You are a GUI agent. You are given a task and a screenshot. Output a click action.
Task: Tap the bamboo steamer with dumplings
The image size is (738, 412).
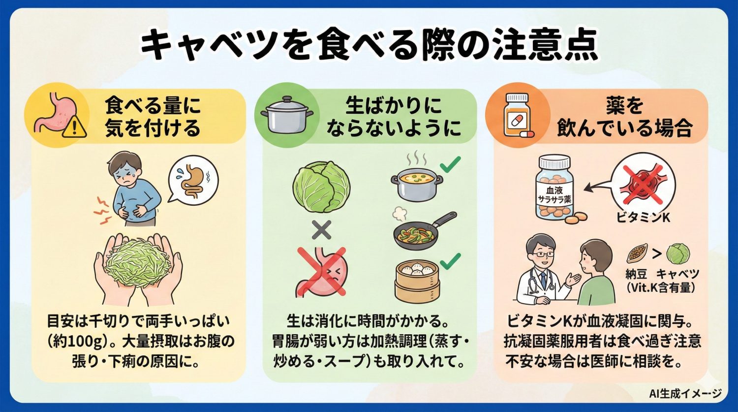coord(416,280)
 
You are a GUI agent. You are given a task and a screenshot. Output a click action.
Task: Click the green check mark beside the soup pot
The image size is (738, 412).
coord(450,164)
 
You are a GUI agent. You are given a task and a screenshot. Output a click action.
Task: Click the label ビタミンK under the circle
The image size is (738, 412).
coord(643,217)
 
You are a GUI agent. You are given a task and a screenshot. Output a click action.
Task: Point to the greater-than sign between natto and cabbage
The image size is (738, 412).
coord(656,255)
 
